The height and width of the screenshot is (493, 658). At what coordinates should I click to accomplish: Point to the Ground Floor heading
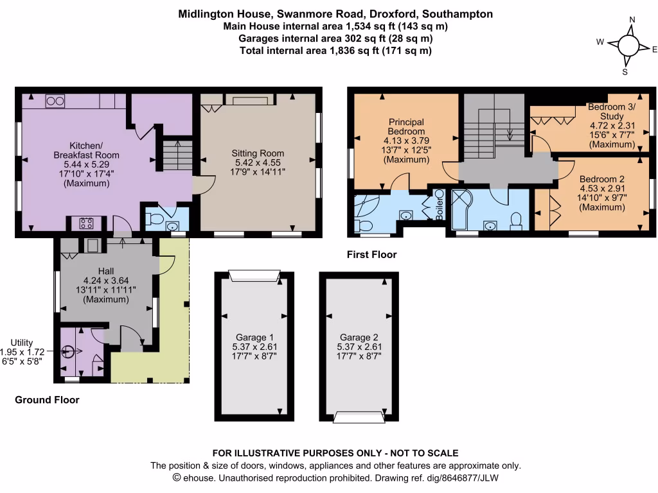pyautogui.click(x=47, y=400)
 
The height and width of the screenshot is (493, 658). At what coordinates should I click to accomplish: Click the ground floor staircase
pyautogui.click(x=175, y=156)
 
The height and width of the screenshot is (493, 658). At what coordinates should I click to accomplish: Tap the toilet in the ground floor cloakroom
pyautogui.click(x=153, y=219)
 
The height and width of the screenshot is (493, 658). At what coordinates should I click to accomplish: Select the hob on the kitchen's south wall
pyautogui.click(x=86, y=224)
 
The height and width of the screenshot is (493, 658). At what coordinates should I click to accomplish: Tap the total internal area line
pyautogui.click(x=335, y=51)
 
